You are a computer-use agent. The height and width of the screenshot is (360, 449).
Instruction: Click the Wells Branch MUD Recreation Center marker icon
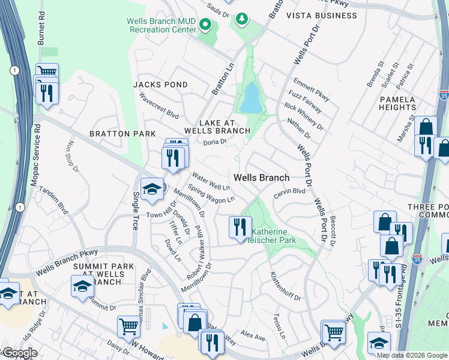(205, 25)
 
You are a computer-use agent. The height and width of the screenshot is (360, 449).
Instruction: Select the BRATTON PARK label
(122, 134)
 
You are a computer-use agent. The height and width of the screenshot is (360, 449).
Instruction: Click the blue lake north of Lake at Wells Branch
(250, 98)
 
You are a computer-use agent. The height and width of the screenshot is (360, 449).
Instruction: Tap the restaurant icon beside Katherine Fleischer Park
(240, 227)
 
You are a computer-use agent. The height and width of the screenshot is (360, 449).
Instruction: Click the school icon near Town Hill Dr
(152, 188)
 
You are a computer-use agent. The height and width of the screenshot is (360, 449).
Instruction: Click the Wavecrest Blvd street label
(159, 105)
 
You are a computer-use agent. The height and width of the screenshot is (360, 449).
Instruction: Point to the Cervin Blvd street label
(289, 191)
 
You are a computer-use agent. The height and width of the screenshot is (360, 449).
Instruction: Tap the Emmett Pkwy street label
(311, 88)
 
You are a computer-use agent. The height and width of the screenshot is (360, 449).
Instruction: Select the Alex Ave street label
(253, 335)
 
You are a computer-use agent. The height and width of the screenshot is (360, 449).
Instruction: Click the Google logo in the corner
(19, 353)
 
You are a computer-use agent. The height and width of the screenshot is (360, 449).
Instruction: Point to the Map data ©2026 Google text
(412, 355)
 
